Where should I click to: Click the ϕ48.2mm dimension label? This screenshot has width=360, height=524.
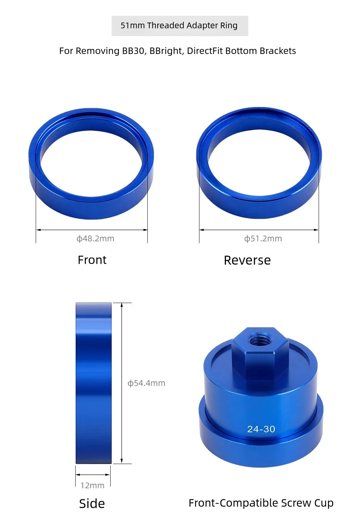point(95,238)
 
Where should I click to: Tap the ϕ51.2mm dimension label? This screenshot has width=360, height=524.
point(263,238)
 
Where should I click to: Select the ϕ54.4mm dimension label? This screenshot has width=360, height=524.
point(146,383)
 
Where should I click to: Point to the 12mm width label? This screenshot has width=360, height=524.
point(92,486)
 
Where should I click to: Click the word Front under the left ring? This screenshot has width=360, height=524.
point(92,260)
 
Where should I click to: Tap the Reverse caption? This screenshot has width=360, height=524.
point(247,260)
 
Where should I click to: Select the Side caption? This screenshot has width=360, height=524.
point(92,504)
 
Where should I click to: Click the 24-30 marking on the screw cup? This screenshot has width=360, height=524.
point(261,429)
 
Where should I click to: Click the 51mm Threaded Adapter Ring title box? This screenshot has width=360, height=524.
point(180,26)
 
